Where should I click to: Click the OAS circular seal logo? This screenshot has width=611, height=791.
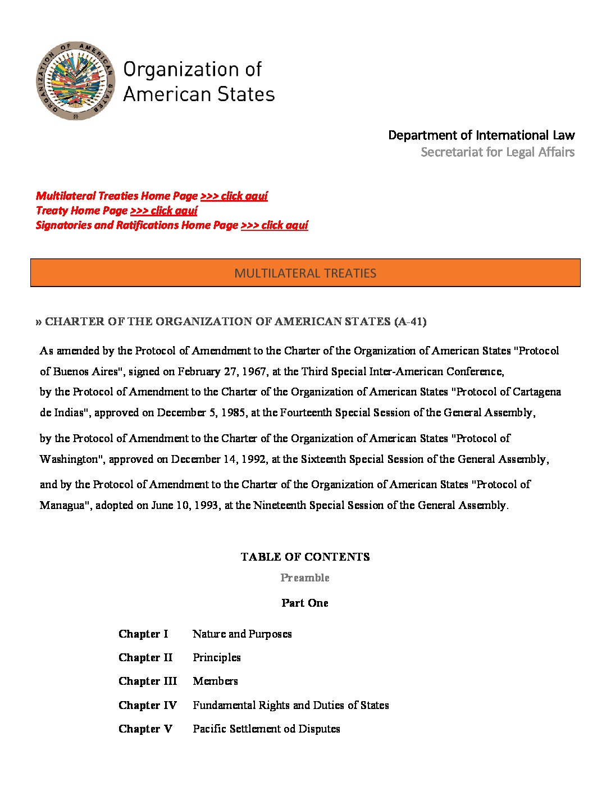(x=75, y=80)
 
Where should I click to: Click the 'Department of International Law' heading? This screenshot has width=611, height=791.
(x=481, y=135)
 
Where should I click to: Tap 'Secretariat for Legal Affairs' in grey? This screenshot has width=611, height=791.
(x=497, y=152)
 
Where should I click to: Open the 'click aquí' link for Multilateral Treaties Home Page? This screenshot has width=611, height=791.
(x=234, y=196)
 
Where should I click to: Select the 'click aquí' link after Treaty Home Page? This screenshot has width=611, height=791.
(x=163, y=211)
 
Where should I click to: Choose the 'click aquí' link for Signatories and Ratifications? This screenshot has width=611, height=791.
(x=274, y=225)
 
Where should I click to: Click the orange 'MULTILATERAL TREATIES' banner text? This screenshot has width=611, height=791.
(x=305, y=274)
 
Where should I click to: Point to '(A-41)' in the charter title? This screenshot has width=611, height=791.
(x=410, y=322)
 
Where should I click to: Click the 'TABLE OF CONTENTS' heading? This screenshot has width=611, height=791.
(x=305, y=557)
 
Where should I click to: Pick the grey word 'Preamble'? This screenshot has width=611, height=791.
(x=305, y=578)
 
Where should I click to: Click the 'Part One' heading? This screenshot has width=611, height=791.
(x=305, y=603)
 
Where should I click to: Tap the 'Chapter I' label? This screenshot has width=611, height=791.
(x=143, y=634)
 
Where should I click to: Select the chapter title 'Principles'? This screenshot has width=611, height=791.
(x=217, y=658)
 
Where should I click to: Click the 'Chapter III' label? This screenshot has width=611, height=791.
(x=148, y=681)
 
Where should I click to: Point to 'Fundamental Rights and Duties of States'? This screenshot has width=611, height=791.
(x=291, y=706)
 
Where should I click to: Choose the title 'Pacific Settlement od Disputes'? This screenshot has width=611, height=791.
(x=266, y=729)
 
